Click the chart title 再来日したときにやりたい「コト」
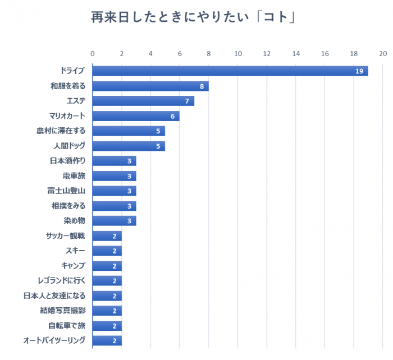[194, 17]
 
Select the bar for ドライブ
[230, 71]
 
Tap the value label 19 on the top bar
[360, 71]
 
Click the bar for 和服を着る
[150, 86]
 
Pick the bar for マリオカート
[136, 116]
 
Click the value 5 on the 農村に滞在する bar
[158, 131]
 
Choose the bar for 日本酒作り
[114, 161]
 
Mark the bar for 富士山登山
[114, 191]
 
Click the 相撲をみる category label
[68, 206]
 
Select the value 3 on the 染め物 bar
[129, 221]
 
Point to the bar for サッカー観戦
[107, 236]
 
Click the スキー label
[75, 251]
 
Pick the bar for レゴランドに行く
[107, 280]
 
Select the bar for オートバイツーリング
[107, 340]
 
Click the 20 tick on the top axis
[383, 54]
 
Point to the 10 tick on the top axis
[237, 54]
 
